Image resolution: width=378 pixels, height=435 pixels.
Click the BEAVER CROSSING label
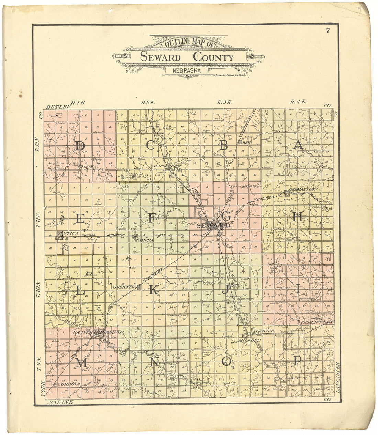click(x=96, y=332)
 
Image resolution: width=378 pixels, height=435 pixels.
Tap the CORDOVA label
click(x=69, y=384)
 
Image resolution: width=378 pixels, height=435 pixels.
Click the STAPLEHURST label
click(x=167, y=166)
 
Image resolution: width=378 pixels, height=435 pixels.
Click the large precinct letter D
click(x=80, y=146)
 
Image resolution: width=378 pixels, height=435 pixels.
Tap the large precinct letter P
click(x=298, y=361)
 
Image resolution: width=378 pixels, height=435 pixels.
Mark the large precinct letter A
click(x=298, y=145)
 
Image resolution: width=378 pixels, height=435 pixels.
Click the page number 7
click(x=328, y=31)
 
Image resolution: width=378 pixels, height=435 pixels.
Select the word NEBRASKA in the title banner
click(x=187, y=71)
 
